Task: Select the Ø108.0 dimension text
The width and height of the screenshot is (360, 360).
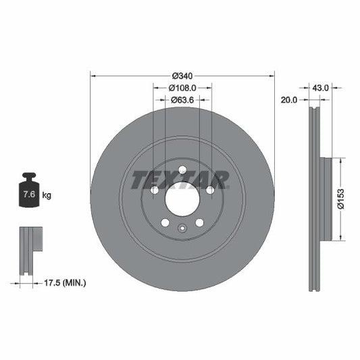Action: click(x=182, y=88)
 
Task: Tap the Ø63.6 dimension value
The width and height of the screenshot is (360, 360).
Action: click(x=182, y=100)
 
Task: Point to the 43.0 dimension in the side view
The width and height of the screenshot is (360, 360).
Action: click(x=320, y=88)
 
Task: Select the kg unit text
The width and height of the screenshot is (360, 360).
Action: click(x=47, y=195)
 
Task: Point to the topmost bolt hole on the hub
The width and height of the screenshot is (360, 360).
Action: click(x=182, y=170)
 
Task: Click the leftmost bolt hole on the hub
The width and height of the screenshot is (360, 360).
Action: click(x=155, y=190)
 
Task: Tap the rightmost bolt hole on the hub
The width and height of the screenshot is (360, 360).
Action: click(x=210, y=190)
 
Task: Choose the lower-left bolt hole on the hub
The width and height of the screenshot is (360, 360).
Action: click(x=165, y=223)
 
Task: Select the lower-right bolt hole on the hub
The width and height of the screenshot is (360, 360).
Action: click(x=200, y=223)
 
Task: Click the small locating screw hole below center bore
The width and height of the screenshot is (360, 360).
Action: click(x=182, y=228)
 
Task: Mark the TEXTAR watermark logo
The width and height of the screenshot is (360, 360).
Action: click(x=180, y=180)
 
